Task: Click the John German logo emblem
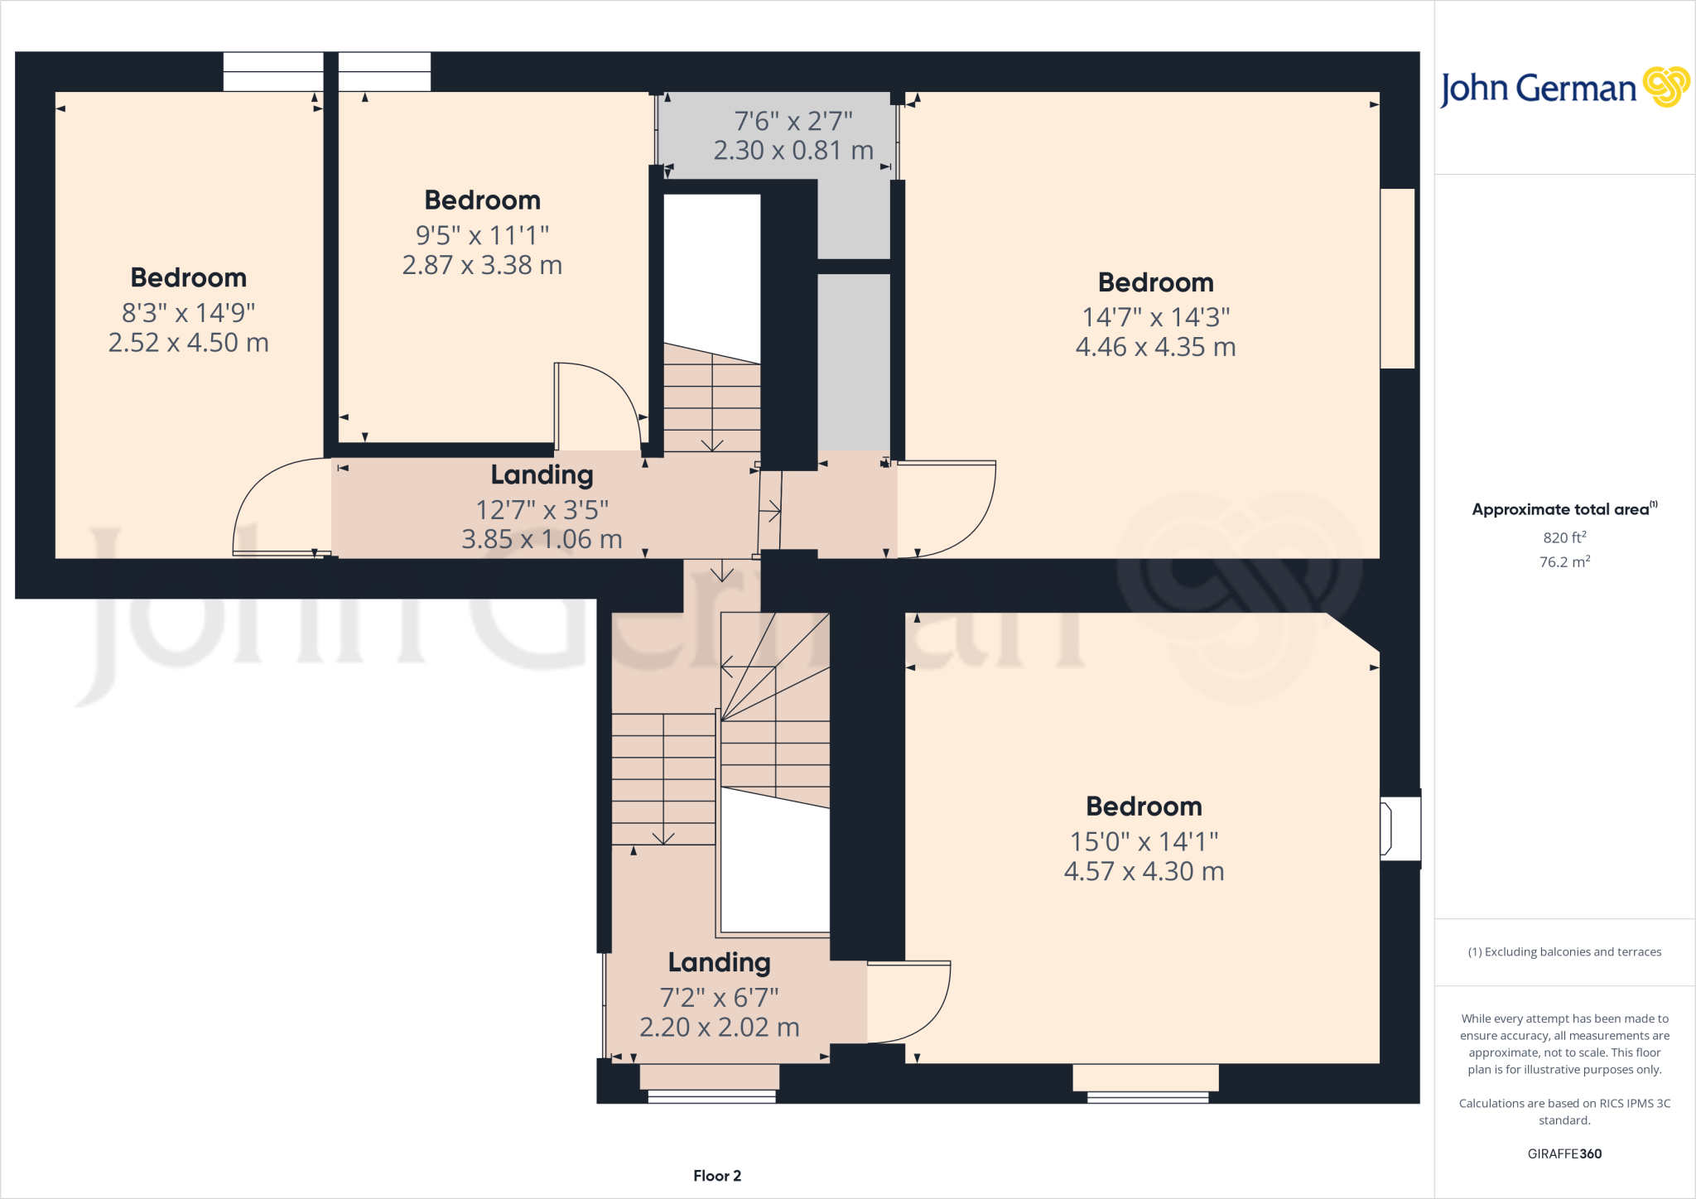(x=1666, y=87)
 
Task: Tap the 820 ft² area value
(x=1564, y=537)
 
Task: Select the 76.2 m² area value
(x=1564, y=561)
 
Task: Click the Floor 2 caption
(x=717, y=1176)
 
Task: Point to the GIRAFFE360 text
(x=1564, y=1153)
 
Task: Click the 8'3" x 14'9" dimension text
(x=189, y=313)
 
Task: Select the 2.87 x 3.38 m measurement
(x=482, y=265)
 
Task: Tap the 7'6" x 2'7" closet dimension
(x=793, y=122)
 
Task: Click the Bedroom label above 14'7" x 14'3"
(x=1155, y=282)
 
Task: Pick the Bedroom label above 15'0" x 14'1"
(x=1144, y=807)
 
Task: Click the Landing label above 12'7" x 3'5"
(x=542, y=474)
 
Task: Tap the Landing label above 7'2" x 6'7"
(x=719, y=962)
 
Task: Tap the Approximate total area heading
(x=1563, y=509)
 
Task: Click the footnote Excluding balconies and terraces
(x=1564, y=952)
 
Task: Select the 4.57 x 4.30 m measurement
(x=1144, y=871)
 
